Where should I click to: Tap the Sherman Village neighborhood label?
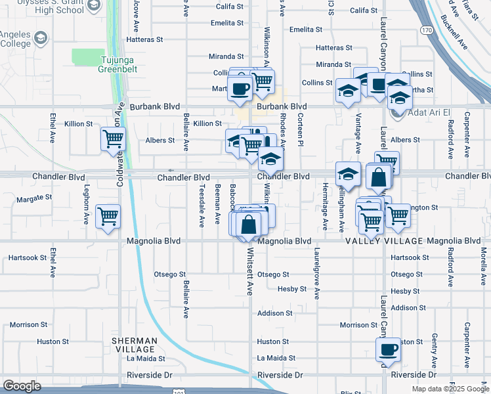(134, 345)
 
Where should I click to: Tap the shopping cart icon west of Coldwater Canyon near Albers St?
(113, 139)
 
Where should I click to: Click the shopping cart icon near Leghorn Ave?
(108, 216)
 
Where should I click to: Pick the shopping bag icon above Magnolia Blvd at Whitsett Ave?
(248, 224)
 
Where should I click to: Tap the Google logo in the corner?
(22, 386)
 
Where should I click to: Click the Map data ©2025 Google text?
(450, 389)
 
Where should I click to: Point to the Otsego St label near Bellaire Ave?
(170, 274)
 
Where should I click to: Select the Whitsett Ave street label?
(249, 270)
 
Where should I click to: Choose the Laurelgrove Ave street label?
(316, 274)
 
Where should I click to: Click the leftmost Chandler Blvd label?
(58, 177)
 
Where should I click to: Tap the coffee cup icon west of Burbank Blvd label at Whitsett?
(240, 88)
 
